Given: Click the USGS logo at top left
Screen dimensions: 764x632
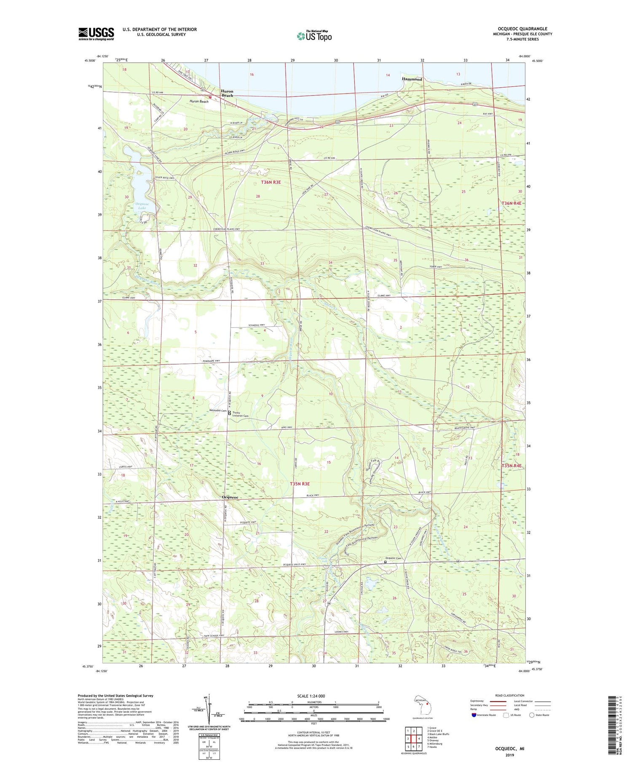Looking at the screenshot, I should (x=96, y=34).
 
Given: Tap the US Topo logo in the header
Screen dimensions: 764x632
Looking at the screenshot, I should (x=314, y=36).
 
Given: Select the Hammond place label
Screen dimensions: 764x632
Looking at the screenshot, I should (x=412, y=79).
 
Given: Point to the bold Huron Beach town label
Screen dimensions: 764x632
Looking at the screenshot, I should (x=228, y=94).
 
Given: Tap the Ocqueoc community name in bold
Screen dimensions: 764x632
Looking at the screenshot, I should (x=230, y=497).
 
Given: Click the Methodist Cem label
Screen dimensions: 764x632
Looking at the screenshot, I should (x=218, y=410).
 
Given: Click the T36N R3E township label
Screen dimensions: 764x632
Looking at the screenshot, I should (x=270, y=182).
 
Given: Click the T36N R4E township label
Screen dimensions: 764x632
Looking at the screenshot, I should (x=511, y=204).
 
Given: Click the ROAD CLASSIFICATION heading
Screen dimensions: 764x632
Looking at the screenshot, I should (x=510, y=695).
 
